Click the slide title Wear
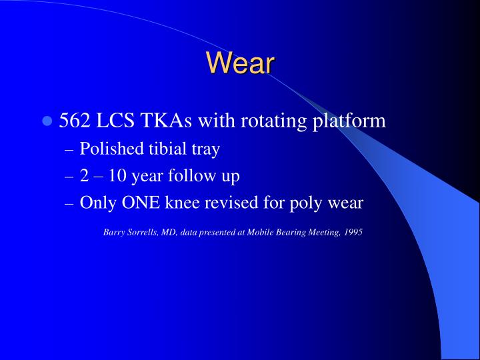pos(240,63)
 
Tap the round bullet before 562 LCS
pos(47,121)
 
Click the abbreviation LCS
pos(116,121)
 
